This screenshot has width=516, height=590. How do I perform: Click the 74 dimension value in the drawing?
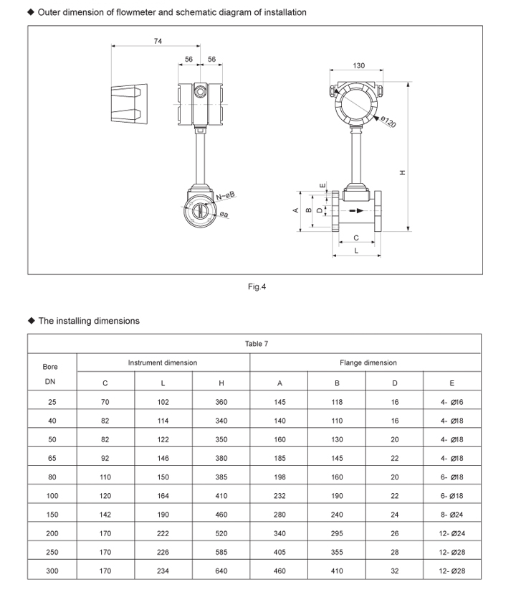tap(158, 41)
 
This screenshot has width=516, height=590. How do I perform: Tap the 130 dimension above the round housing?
tap(358, 65)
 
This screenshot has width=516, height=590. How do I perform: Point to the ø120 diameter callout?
tap(388, 122)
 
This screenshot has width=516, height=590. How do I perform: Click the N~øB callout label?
tap(226, 196)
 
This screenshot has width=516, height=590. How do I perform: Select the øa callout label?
tap(224, 214)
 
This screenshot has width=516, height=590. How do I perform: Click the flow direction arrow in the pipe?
tap(356, 211)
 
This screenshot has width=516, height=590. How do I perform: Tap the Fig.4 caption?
tap(257, 286)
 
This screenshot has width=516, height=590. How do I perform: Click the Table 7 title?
tap(257, 344)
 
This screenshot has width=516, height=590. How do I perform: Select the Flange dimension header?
tap(368, 362)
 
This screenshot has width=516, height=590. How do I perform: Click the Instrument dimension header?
tap(163, 362)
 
